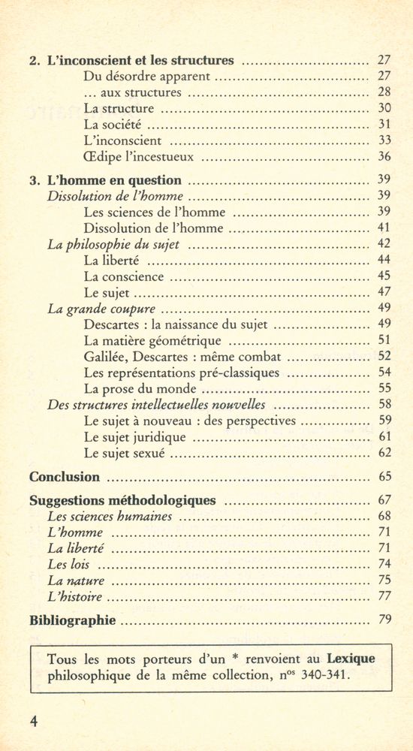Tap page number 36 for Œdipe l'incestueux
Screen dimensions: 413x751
384,157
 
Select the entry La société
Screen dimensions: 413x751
113,125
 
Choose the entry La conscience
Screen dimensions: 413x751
123,276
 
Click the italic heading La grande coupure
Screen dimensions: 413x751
101,309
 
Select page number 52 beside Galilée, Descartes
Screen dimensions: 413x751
384,357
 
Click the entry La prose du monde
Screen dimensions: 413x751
140,389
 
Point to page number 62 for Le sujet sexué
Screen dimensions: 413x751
384,453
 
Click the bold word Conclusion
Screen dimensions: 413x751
65,477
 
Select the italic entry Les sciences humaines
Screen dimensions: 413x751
110,517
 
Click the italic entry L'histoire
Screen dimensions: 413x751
74,598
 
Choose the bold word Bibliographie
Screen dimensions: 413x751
72,621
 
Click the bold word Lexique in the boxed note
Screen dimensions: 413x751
351,659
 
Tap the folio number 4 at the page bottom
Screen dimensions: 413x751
33,721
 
